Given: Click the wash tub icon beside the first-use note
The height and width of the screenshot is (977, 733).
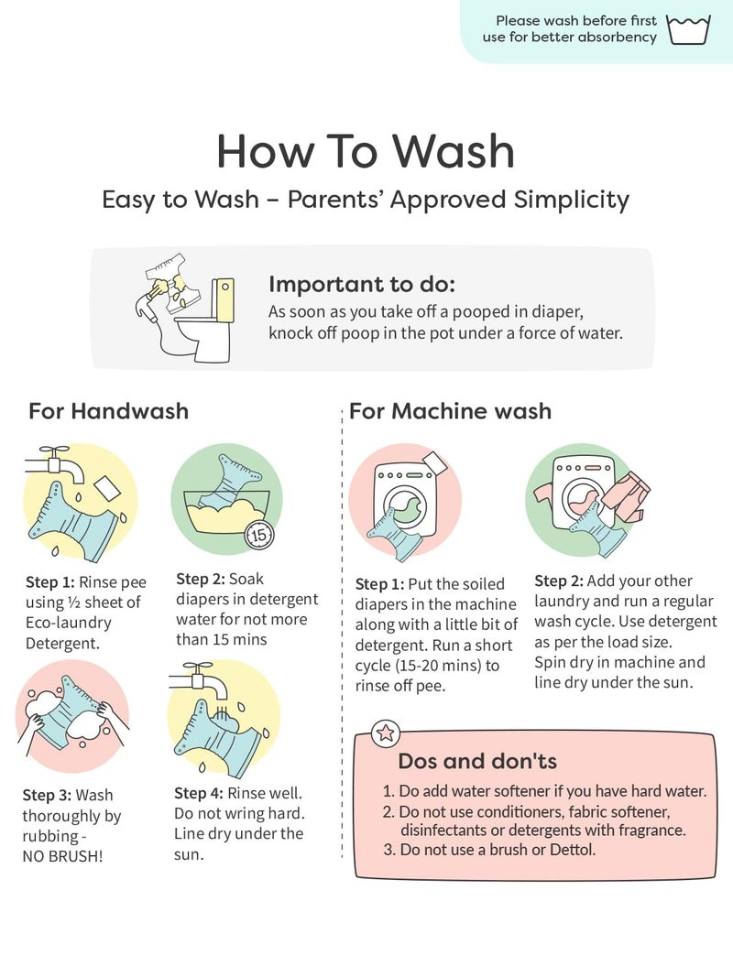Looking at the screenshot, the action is click(689, 30).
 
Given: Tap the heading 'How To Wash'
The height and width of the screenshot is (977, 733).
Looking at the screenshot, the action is click(366, 151).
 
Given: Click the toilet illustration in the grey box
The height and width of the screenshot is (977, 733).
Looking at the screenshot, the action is click(203, 319).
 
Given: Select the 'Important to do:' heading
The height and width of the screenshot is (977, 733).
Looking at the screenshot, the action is click(362, 284).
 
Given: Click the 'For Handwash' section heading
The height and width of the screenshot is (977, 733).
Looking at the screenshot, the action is click(108, 411).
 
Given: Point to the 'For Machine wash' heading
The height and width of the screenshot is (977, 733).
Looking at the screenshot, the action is click(450, 411).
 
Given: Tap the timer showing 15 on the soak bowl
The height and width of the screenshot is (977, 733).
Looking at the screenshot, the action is click(259, 534).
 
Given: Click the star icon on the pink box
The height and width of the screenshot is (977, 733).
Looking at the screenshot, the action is click(385, 733).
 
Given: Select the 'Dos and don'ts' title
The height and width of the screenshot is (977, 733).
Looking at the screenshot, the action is click(477, 761).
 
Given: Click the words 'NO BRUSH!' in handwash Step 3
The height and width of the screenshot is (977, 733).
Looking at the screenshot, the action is click(63, 856).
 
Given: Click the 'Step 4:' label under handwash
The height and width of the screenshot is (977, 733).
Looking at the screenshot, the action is click(198, 793).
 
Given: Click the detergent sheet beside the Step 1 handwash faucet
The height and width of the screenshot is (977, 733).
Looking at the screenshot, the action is click(107, 489).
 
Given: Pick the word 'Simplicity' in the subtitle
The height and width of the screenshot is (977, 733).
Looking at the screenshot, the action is click(572, 200).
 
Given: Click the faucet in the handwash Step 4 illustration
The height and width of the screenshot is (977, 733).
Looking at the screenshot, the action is click(199, 680).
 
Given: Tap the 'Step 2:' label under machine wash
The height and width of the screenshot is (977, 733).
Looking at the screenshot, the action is click(559, 581).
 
